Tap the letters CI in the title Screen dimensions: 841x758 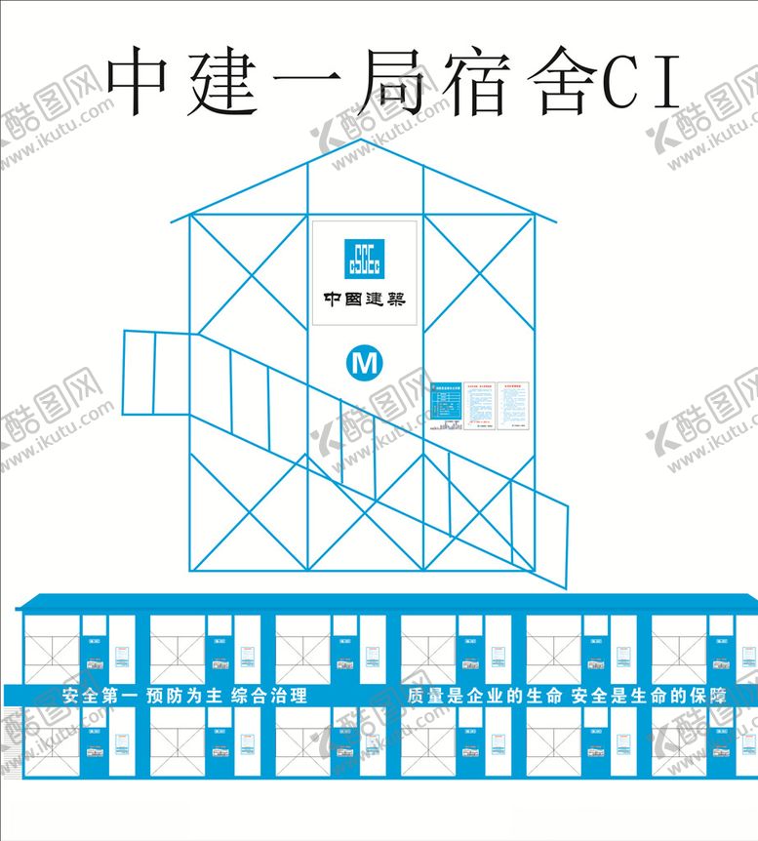point(641,80)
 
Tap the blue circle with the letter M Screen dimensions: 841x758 point(366,363)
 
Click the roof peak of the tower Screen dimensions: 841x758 point(365,142)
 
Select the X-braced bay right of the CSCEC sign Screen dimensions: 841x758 point(479,273)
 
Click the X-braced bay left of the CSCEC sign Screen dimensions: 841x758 point(249,273)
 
